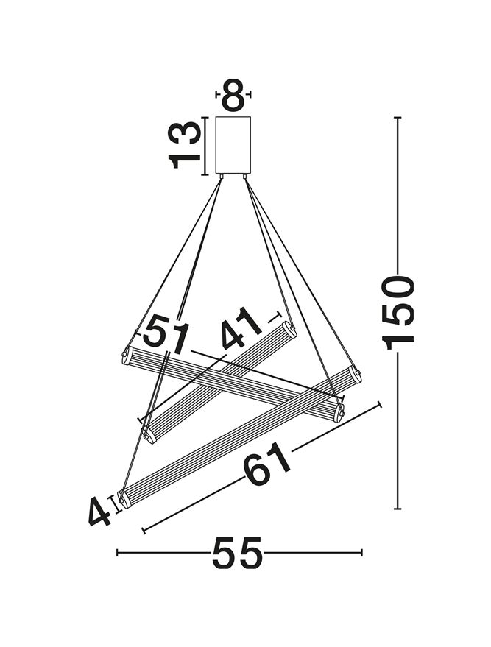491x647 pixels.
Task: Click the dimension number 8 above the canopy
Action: (233, 95)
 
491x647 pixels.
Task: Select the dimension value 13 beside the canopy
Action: (185, 145)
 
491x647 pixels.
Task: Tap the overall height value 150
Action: (398, 312)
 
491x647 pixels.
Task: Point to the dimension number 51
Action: (166, 333)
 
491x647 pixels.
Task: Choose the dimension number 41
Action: (241, 328)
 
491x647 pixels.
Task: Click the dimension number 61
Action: (267, 464)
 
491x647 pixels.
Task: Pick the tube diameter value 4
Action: (99, 512)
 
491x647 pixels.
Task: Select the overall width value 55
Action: (237, 553)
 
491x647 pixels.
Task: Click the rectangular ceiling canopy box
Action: (233, 145)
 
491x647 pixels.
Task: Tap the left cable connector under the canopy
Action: (222, 176)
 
